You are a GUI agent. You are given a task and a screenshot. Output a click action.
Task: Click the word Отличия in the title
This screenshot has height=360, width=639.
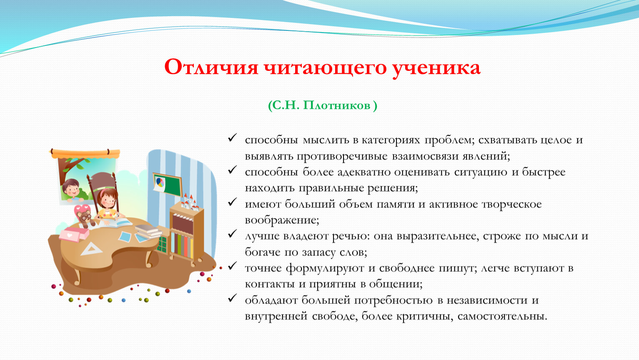coord(211,67)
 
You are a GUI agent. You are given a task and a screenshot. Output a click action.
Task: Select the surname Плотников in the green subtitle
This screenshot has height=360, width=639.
coord(337,105)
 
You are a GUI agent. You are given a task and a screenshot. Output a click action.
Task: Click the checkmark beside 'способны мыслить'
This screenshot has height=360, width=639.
coord(232,138)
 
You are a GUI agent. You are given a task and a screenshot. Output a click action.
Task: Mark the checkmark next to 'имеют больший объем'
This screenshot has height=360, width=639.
coord(232,202)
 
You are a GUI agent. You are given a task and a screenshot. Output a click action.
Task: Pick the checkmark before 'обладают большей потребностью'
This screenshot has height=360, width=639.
coord(232,298)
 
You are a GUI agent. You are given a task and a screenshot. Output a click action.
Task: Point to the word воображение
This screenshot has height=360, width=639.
coord(282,220)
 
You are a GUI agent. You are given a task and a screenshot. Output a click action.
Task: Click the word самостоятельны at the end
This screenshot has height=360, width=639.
coord(502,316)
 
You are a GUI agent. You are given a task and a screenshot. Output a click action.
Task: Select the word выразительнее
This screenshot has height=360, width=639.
coord(426,236)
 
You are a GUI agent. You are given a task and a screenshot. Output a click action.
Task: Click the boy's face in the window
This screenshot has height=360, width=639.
coord(71,188)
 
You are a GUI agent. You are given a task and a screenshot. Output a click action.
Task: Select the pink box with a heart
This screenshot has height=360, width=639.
coord(74,234)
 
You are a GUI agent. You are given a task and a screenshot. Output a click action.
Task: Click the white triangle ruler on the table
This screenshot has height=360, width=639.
coord(91,249)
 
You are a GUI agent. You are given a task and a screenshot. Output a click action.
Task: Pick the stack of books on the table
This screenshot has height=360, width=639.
coord(148,231)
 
